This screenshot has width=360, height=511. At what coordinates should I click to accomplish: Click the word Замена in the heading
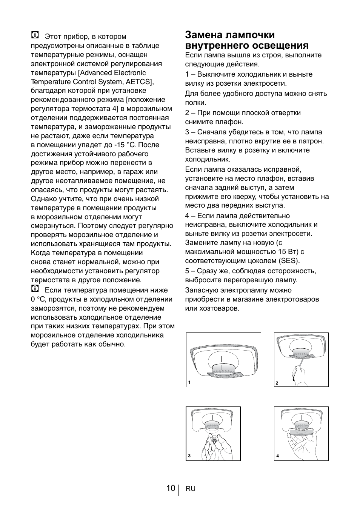(203, 35)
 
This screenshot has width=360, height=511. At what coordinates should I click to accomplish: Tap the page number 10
(170, 488)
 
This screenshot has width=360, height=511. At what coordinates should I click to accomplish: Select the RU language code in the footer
(191, 489)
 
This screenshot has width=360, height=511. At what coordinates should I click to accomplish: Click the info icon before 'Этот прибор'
(35, 36)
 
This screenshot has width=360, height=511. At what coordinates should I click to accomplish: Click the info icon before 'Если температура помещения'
(35, 289)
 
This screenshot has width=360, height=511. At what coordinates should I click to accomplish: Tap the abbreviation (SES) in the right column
(289, 261)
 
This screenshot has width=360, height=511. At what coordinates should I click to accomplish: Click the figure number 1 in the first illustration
(189, 383)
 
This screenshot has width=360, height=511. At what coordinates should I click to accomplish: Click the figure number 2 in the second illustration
(277, 383)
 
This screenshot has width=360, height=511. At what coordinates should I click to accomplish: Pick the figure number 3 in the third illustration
(189, 456)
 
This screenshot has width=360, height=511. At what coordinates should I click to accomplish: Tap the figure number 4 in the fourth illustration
(277, 456)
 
